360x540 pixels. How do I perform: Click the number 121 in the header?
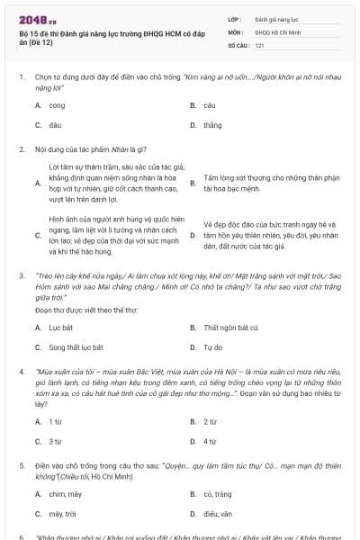pos(259,44)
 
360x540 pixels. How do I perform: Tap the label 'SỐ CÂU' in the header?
pos(238,44)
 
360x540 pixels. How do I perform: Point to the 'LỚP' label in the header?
pos(235,18)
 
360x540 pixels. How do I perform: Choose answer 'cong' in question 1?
pos(57,105)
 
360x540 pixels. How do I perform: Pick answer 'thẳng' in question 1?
pos(212,125)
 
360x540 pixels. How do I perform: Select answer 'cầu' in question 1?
pos(209,105)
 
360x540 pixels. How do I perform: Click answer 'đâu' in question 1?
pos(56,125)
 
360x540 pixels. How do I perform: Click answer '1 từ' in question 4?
pos(56,421)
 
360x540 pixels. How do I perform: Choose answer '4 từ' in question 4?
pos(211,441)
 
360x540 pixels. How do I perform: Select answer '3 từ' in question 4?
pos(56,441)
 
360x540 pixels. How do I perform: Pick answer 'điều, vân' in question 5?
pos(218,513)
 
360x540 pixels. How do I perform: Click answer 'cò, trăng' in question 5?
pos(219,493)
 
